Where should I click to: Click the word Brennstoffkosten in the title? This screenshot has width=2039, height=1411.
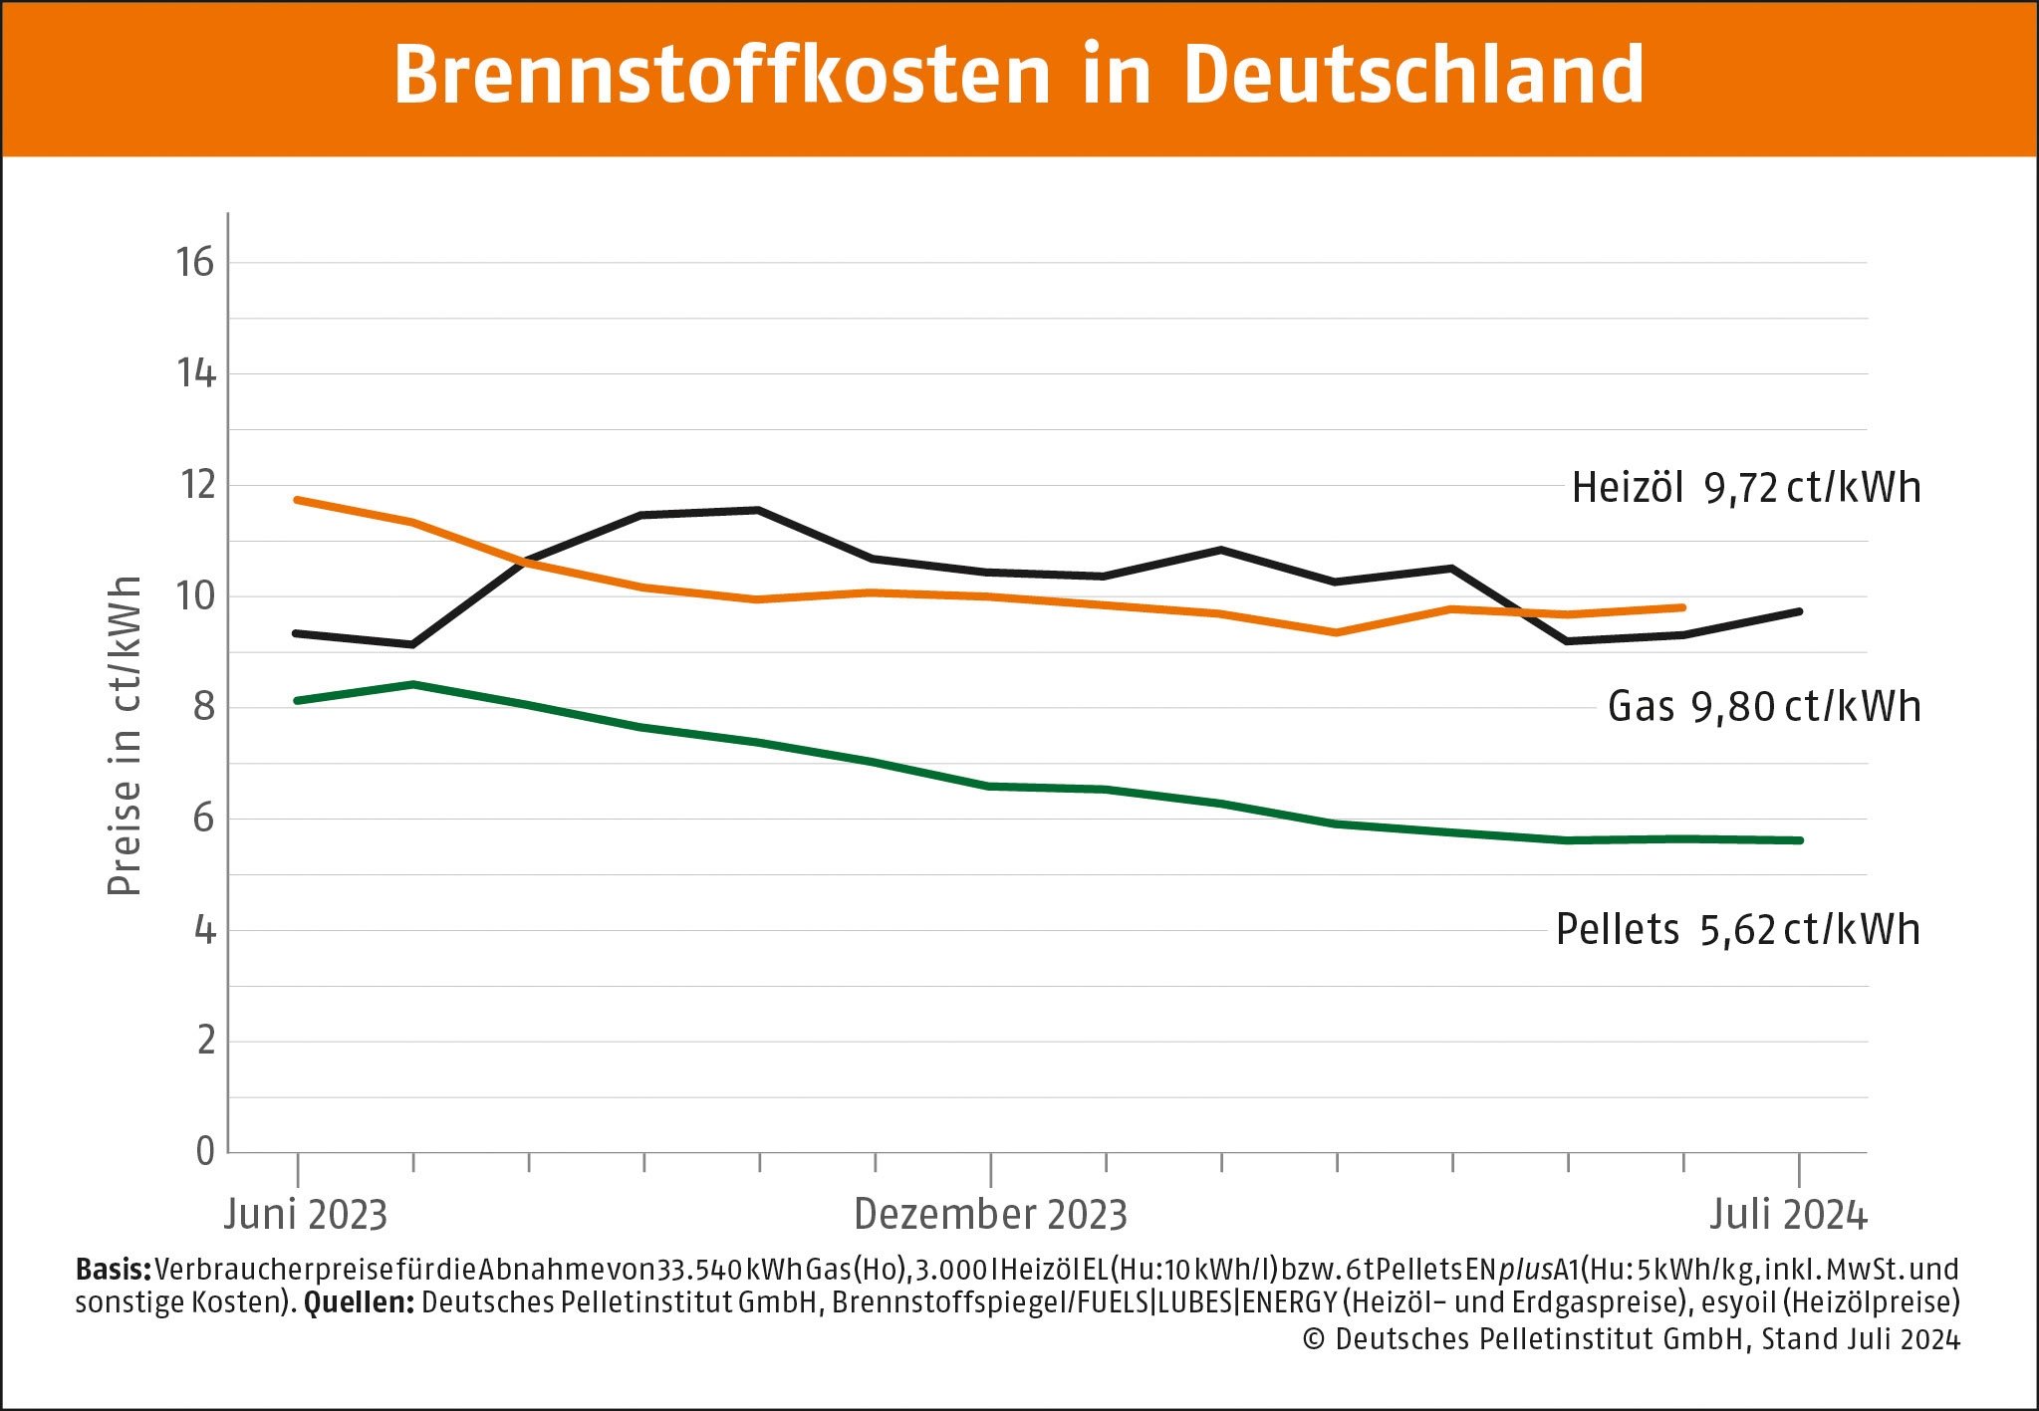[x=722, y=75]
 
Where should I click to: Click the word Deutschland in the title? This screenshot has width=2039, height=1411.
[x=1413, y=75]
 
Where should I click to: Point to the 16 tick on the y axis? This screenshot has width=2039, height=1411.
[x=195, y=263]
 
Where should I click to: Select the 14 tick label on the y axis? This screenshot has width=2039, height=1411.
[x=195, y=374]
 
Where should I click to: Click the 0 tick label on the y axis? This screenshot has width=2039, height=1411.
[x=204, y=1151]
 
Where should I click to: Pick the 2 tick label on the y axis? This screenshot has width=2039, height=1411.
[x=205, y=1041]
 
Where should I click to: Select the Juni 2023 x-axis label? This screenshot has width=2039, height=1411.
[x=305, y=1215]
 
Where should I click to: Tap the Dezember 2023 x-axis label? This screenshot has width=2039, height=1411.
[x=990, y=1215]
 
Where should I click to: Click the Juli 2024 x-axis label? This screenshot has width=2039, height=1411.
[x=1788, y=1215]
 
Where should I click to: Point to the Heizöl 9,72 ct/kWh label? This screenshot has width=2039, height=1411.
[x=1745, y=488]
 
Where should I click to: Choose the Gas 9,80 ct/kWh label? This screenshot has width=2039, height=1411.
[x=1763, y=707]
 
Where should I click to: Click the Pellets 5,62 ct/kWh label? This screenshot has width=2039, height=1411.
[x=1737, y=930]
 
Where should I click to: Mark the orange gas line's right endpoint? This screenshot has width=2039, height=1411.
[x=1682, y=607]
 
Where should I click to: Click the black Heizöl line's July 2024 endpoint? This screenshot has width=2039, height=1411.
[x=1799, y=611]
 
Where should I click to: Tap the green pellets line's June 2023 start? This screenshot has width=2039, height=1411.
[x=298, y=701]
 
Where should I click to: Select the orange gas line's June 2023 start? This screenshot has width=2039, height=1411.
[x=298, y=500]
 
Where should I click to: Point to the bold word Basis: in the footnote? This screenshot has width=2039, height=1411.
[x=113, y=1270]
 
